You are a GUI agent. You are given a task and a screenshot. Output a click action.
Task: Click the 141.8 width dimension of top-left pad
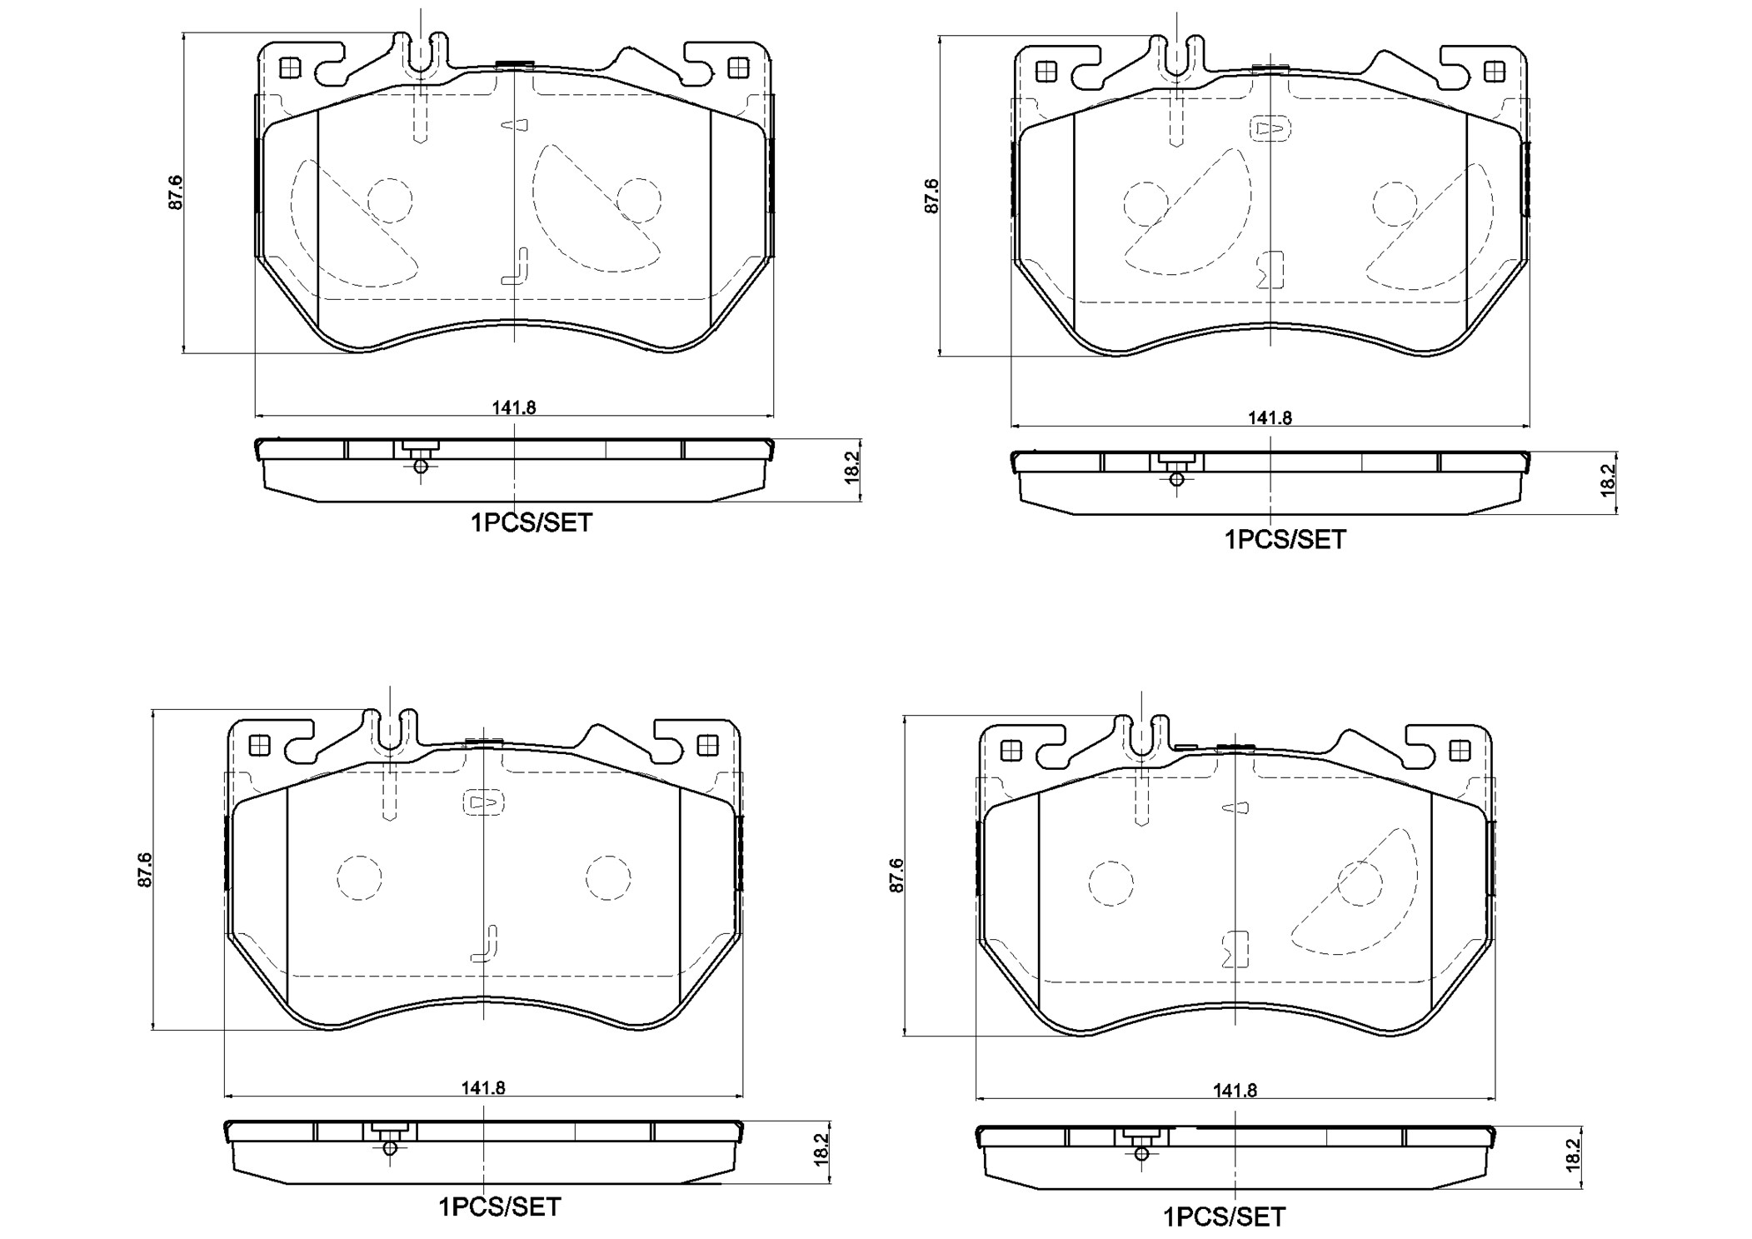point(513,407)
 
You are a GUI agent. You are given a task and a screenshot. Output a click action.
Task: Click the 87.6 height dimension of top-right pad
point(931,196)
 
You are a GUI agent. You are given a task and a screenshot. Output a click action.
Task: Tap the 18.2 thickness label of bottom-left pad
point(821,1149)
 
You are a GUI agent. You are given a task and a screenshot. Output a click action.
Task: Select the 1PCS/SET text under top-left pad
point(532,523)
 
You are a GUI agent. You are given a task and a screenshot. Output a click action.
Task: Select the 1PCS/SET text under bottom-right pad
point(1224,1217)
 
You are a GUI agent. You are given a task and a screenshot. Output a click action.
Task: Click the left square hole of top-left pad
point(289,67)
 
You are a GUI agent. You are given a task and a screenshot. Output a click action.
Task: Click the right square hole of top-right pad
point(1495,72)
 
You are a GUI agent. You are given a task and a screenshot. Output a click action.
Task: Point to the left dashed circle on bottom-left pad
point(359,877)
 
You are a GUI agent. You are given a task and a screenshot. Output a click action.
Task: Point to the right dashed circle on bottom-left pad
point(607,877)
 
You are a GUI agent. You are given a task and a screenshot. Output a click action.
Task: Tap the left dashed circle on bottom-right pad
point(1111,883)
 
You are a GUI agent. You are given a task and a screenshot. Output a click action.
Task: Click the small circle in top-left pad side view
point(421,466)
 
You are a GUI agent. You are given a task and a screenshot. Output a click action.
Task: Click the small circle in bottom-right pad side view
point(1141,1154)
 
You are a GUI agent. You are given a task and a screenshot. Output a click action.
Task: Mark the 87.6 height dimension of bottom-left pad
point(145,869)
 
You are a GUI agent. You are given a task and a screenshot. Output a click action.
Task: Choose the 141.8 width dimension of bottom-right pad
point(1234,1090)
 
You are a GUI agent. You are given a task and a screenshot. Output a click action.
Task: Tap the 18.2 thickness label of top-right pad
point(1608,481)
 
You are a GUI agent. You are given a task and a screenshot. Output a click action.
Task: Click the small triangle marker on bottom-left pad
point(483,802)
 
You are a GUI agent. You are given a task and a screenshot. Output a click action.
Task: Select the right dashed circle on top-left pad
point(639,200)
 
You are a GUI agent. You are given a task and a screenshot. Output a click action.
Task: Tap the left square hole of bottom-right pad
point(1011,751)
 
